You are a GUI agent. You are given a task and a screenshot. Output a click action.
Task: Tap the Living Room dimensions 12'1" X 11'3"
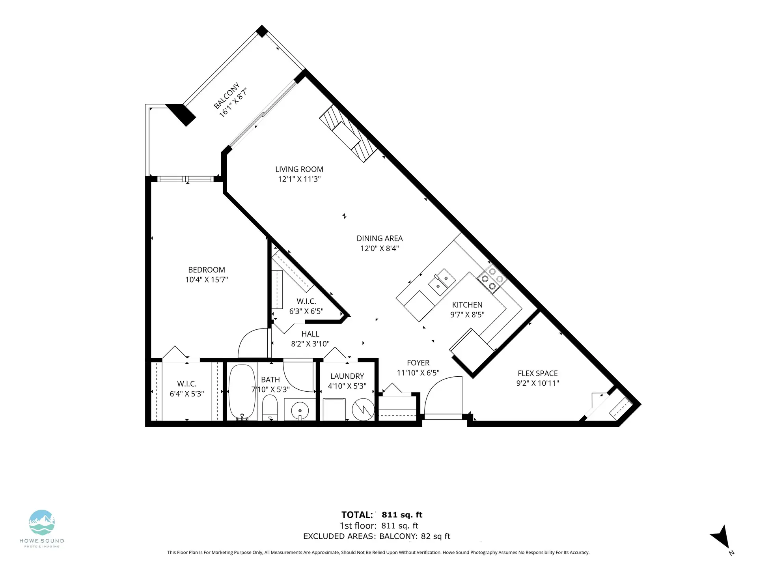point(299,179)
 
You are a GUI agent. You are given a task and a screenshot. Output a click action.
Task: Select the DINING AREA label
point(379,238)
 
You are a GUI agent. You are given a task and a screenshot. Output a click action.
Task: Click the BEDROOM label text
point(207,270)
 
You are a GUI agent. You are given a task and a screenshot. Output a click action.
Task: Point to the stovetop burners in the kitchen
point(492,278)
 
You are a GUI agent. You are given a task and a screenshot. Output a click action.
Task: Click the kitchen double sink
point(442,282)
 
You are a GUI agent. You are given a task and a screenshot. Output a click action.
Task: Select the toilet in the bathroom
point(270,408)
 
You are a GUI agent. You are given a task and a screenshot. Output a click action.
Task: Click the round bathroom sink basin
point(300,409)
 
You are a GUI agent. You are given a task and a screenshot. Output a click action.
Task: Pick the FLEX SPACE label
point(537,373)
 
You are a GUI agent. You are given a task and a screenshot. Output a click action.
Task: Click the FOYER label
point(418,363)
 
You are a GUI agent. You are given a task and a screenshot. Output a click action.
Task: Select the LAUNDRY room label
point(347,376)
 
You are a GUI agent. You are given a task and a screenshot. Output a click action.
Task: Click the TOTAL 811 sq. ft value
point(402,515)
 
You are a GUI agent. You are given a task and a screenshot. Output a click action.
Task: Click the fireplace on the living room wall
point(348,134)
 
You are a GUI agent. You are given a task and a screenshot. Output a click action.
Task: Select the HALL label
point(310,334)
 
